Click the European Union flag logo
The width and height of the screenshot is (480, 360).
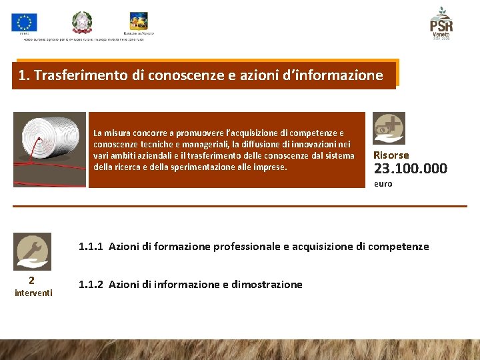pos(24,23)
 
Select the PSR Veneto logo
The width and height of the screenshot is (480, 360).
pos(441,24)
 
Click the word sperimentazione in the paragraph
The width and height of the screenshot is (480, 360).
pos(211,167)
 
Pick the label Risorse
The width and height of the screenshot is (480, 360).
pos(391,155)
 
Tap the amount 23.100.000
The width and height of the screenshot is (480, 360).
pos(410,169)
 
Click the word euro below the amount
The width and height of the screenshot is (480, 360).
pos(383,183)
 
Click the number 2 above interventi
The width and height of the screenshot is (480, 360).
pos(31,281)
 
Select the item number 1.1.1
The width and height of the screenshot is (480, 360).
pos(91,247)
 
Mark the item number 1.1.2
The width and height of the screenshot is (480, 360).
pos(91,285)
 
